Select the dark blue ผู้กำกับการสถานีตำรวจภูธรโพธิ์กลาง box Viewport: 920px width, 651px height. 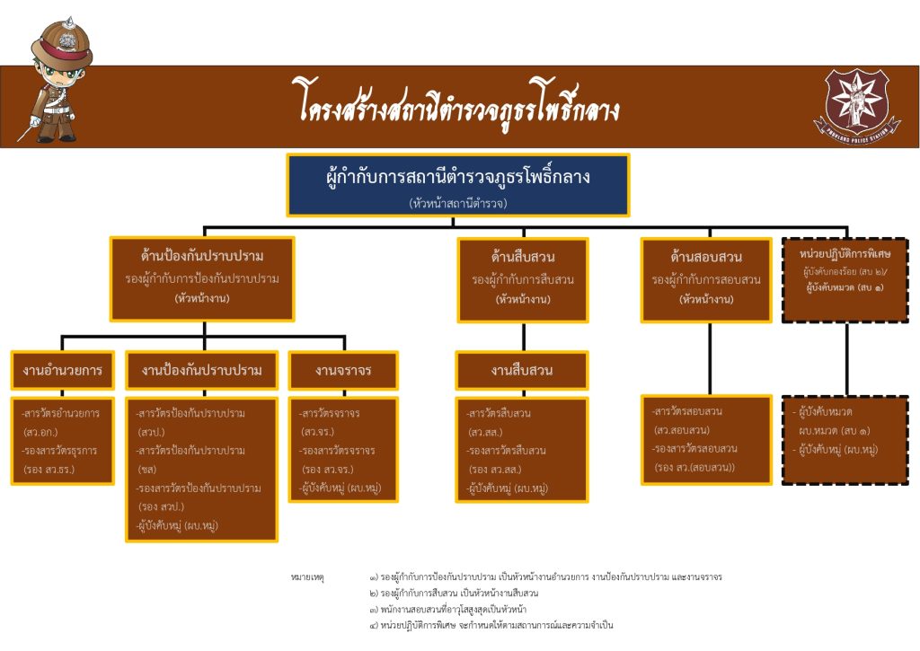coord(458,185)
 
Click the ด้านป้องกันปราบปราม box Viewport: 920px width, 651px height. coord(202,278)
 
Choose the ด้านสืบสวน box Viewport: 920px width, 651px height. coord(523,279)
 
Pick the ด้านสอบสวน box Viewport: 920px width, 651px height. coord(706,279)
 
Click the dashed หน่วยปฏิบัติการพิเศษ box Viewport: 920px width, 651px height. coord(846,279)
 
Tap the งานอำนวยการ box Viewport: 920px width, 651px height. coord(62,370)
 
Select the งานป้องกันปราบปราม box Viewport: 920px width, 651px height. coord(202,370)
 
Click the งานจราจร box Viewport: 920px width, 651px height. coord(343,370)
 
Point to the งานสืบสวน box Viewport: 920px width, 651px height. coord(522,370)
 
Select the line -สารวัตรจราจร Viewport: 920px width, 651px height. coord(331,414)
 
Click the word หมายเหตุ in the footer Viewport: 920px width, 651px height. coord(307,577)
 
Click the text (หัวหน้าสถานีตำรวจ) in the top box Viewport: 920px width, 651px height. coord(458,204)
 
